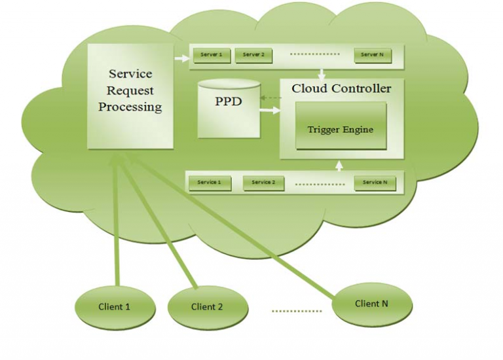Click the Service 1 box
[209, 183]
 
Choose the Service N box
[375, 183]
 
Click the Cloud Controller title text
[341, 88]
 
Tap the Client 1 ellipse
[115, 306]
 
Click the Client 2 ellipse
[208, 306]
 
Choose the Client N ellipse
[371, 304]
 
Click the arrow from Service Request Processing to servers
[180, 59]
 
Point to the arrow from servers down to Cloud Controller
[322, 72]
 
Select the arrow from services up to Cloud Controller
[339, 165]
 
